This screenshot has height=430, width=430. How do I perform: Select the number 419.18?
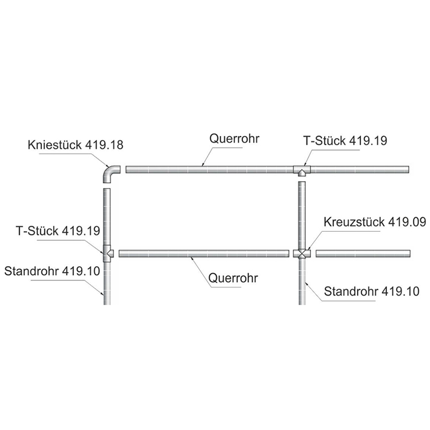(104, 145)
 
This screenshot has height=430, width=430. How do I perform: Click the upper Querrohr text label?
(234, 139)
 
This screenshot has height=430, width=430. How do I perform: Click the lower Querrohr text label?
(233, 278)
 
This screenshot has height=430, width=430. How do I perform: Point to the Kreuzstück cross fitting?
(302, 253)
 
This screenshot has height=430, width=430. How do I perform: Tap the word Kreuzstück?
(351, 222)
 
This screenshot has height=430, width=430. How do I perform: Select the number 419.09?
(404, 222)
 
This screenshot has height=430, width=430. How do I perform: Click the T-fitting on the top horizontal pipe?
(302, 170)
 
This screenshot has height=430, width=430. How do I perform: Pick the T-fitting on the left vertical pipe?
(107, 253)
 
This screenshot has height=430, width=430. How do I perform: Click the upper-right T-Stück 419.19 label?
(345, 141)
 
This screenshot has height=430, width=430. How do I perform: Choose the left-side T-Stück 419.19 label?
(58, 231)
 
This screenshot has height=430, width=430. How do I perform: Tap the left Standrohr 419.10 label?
(52, 271)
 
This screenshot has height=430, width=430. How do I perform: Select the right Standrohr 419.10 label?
(371, 291)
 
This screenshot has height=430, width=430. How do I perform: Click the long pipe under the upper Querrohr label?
(210, 169)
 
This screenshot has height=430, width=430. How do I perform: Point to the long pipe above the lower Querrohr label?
(204, 253)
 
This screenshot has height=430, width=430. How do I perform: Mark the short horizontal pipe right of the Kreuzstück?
(363, 253)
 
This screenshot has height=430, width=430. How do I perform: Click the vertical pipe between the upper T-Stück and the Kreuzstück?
(302, 216)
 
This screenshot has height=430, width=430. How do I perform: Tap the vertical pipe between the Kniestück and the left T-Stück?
(107, 217)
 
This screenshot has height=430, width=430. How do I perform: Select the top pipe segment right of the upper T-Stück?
(360, 169)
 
